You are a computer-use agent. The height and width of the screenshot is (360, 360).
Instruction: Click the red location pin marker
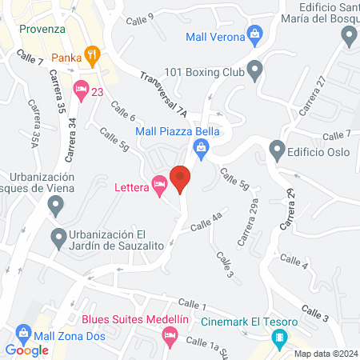[x=180, y=179]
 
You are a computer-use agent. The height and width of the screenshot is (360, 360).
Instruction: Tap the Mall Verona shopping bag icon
[x=254, y=34]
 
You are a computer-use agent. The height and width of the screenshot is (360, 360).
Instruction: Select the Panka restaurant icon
[x=92, y=56]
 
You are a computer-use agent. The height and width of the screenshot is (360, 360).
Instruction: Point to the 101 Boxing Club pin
[x=254, y=71]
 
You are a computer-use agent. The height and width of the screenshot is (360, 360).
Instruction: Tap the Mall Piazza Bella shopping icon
[x=201, y=146]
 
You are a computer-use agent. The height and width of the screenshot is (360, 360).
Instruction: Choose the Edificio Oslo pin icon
[x=277, y=150]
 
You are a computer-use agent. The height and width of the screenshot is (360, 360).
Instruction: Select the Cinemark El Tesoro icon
[x=278, y=339]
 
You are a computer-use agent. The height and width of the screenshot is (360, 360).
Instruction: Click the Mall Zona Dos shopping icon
[x=23, y=332]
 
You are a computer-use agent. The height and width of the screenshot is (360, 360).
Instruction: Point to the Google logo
[x=26, y=350]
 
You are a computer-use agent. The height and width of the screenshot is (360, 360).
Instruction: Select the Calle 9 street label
[x=139, y=17]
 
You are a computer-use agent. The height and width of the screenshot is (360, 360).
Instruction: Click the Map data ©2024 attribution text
[x=324, y=354]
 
